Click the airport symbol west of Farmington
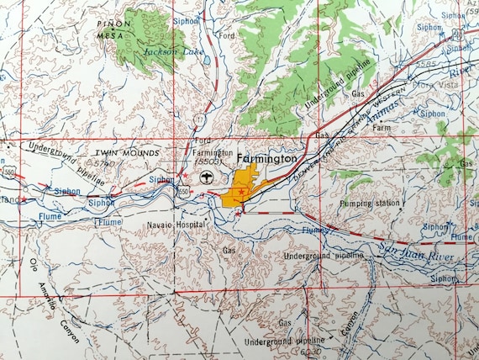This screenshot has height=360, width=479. tap(206, 177)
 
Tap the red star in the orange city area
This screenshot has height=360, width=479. tap(240, 193)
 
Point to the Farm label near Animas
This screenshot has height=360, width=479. tap(383, 129)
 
